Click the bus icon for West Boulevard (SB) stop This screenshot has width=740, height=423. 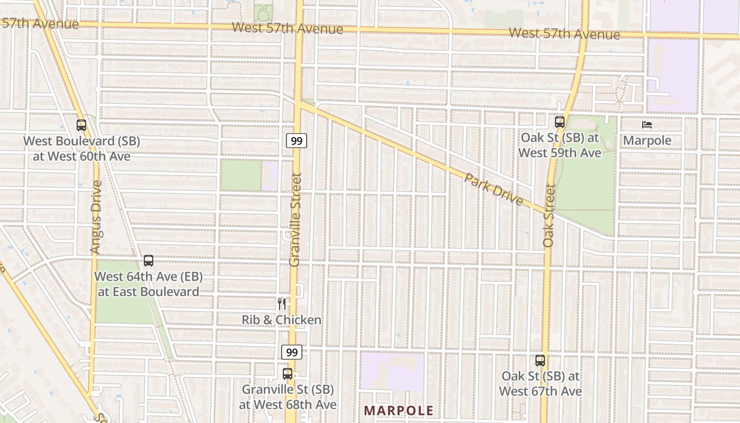[x=81, y=125]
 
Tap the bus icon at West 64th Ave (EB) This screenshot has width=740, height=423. [x=149, y=261]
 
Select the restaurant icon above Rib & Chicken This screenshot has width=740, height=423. [x=282, y=304]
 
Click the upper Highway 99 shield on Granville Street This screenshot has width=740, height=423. [x=297, y=141]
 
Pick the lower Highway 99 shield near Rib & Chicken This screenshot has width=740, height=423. [x=291, y=352]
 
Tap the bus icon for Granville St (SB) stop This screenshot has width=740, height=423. [x=288, y=374]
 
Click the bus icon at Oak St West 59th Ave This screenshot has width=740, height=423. [x=560, y=122]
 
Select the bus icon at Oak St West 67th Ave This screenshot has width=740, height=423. [x=540, y=361]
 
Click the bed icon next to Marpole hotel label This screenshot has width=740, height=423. [x=647, y=125]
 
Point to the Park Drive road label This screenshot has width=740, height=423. [x=494, y=189]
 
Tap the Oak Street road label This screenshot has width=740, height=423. [x=548, y=216]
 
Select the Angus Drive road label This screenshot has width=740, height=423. [x=96, y=217]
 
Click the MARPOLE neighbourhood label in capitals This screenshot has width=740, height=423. [x=399, y=411]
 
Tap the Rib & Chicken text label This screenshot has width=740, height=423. [x=282, y=320]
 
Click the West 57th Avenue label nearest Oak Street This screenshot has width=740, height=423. [x=564, y=34]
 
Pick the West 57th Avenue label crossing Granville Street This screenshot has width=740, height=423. [x=288, y=28]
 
